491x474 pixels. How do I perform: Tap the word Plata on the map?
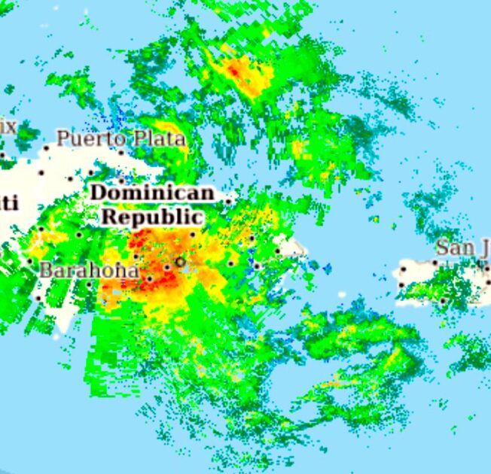point(159,138)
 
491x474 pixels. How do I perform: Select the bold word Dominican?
point(152,193)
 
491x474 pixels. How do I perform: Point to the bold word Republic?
point(153,217)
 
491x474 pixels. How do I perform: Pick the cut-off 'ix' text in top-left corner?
point(8,126)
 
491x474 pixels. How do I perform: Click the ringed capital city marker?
point(180,262)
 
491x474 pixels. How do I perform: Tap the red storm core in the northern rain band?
point(234,71)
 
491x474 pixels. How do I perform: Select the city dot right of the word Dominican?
point(228,201)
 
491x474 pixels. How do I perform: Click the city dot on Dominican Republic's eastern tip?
point(278,251)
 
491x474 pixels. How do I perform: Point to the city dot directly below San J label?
point(435,263)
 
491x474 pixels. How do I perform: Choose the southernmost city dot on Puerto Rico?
point(443,301)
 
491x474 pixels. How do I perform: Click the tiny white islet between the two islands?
point(327,267)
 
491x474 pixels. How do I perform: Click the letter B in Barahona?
point(45,269)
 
